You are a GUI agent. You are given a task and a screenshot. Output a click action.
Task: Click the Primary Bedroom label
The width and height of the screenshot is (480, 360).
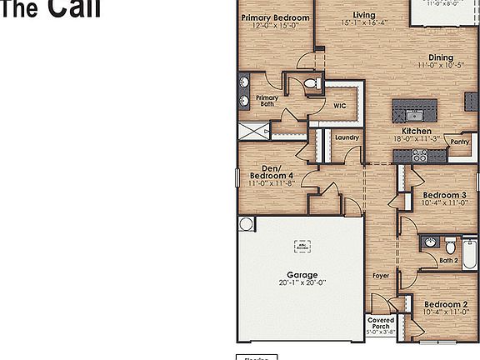click(x=275, y=17)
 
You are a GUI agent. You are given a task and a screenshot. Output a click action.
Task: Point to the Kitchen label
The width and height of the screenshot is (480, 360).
click(x=416, y=132)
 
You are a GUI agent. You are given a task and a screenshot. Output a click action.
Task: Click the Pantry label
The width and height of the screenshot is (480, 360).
click(x=459, y=142)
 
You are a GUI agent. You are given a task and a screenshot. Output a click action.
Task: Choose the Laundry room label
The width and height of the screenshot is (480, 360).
click(x=347, y=137)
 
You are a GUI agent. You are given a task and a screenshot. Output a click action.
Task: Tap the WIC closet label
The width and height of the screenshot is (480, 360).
click(x=340, y=106)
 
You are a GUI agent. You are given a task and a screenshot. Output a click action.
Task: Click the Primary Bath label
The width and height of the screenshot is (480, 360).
click(x=267, y=100)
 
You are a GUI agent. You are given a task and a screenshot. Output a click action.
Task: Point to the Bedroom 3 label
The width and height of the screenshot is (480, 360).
click(x=446, y=195)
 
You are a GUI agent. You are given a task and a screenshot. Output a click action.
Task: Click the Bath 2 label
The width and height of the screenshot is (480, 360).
click(x=449, y=260)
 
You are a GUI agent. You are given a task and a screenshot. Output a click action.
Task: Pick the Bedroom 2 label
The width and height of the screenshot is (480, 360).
click(x=446, y=305)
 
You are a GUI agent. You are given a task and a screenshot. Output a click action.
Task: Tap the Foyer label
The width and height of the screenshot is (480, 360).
click(x=381, y=275)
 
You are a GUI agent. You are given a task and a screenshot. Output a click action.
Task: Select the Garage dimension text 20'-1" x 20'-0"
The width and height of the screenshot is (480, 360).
click(x=302, y=283)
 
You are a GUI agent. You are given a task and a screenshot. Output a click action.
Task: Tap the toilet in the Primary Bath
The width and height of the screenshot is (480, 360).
click(x=312, y=83)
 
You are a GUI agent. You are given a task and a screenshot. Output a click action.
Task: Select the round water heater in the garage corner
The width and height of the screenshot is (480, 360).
click(x=247, y=224)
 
